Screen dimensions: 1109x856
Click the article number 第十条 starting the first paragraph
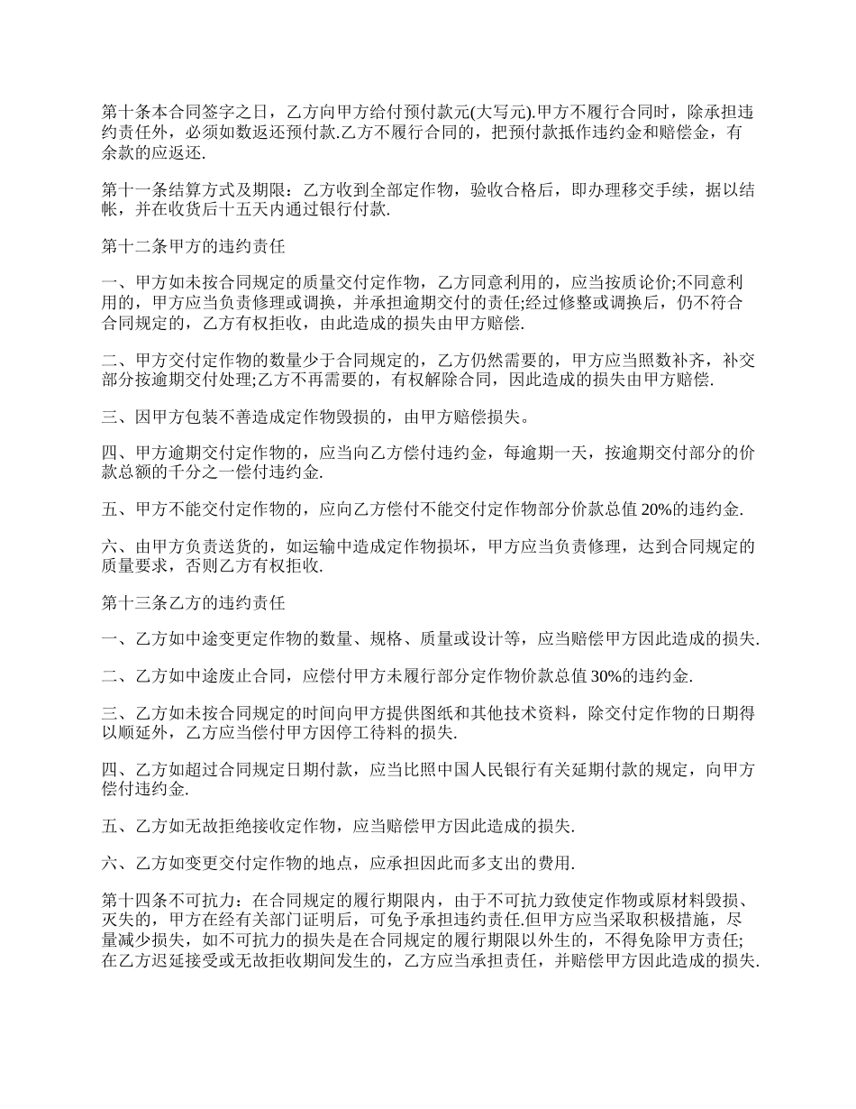click(x=125, y=113)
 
